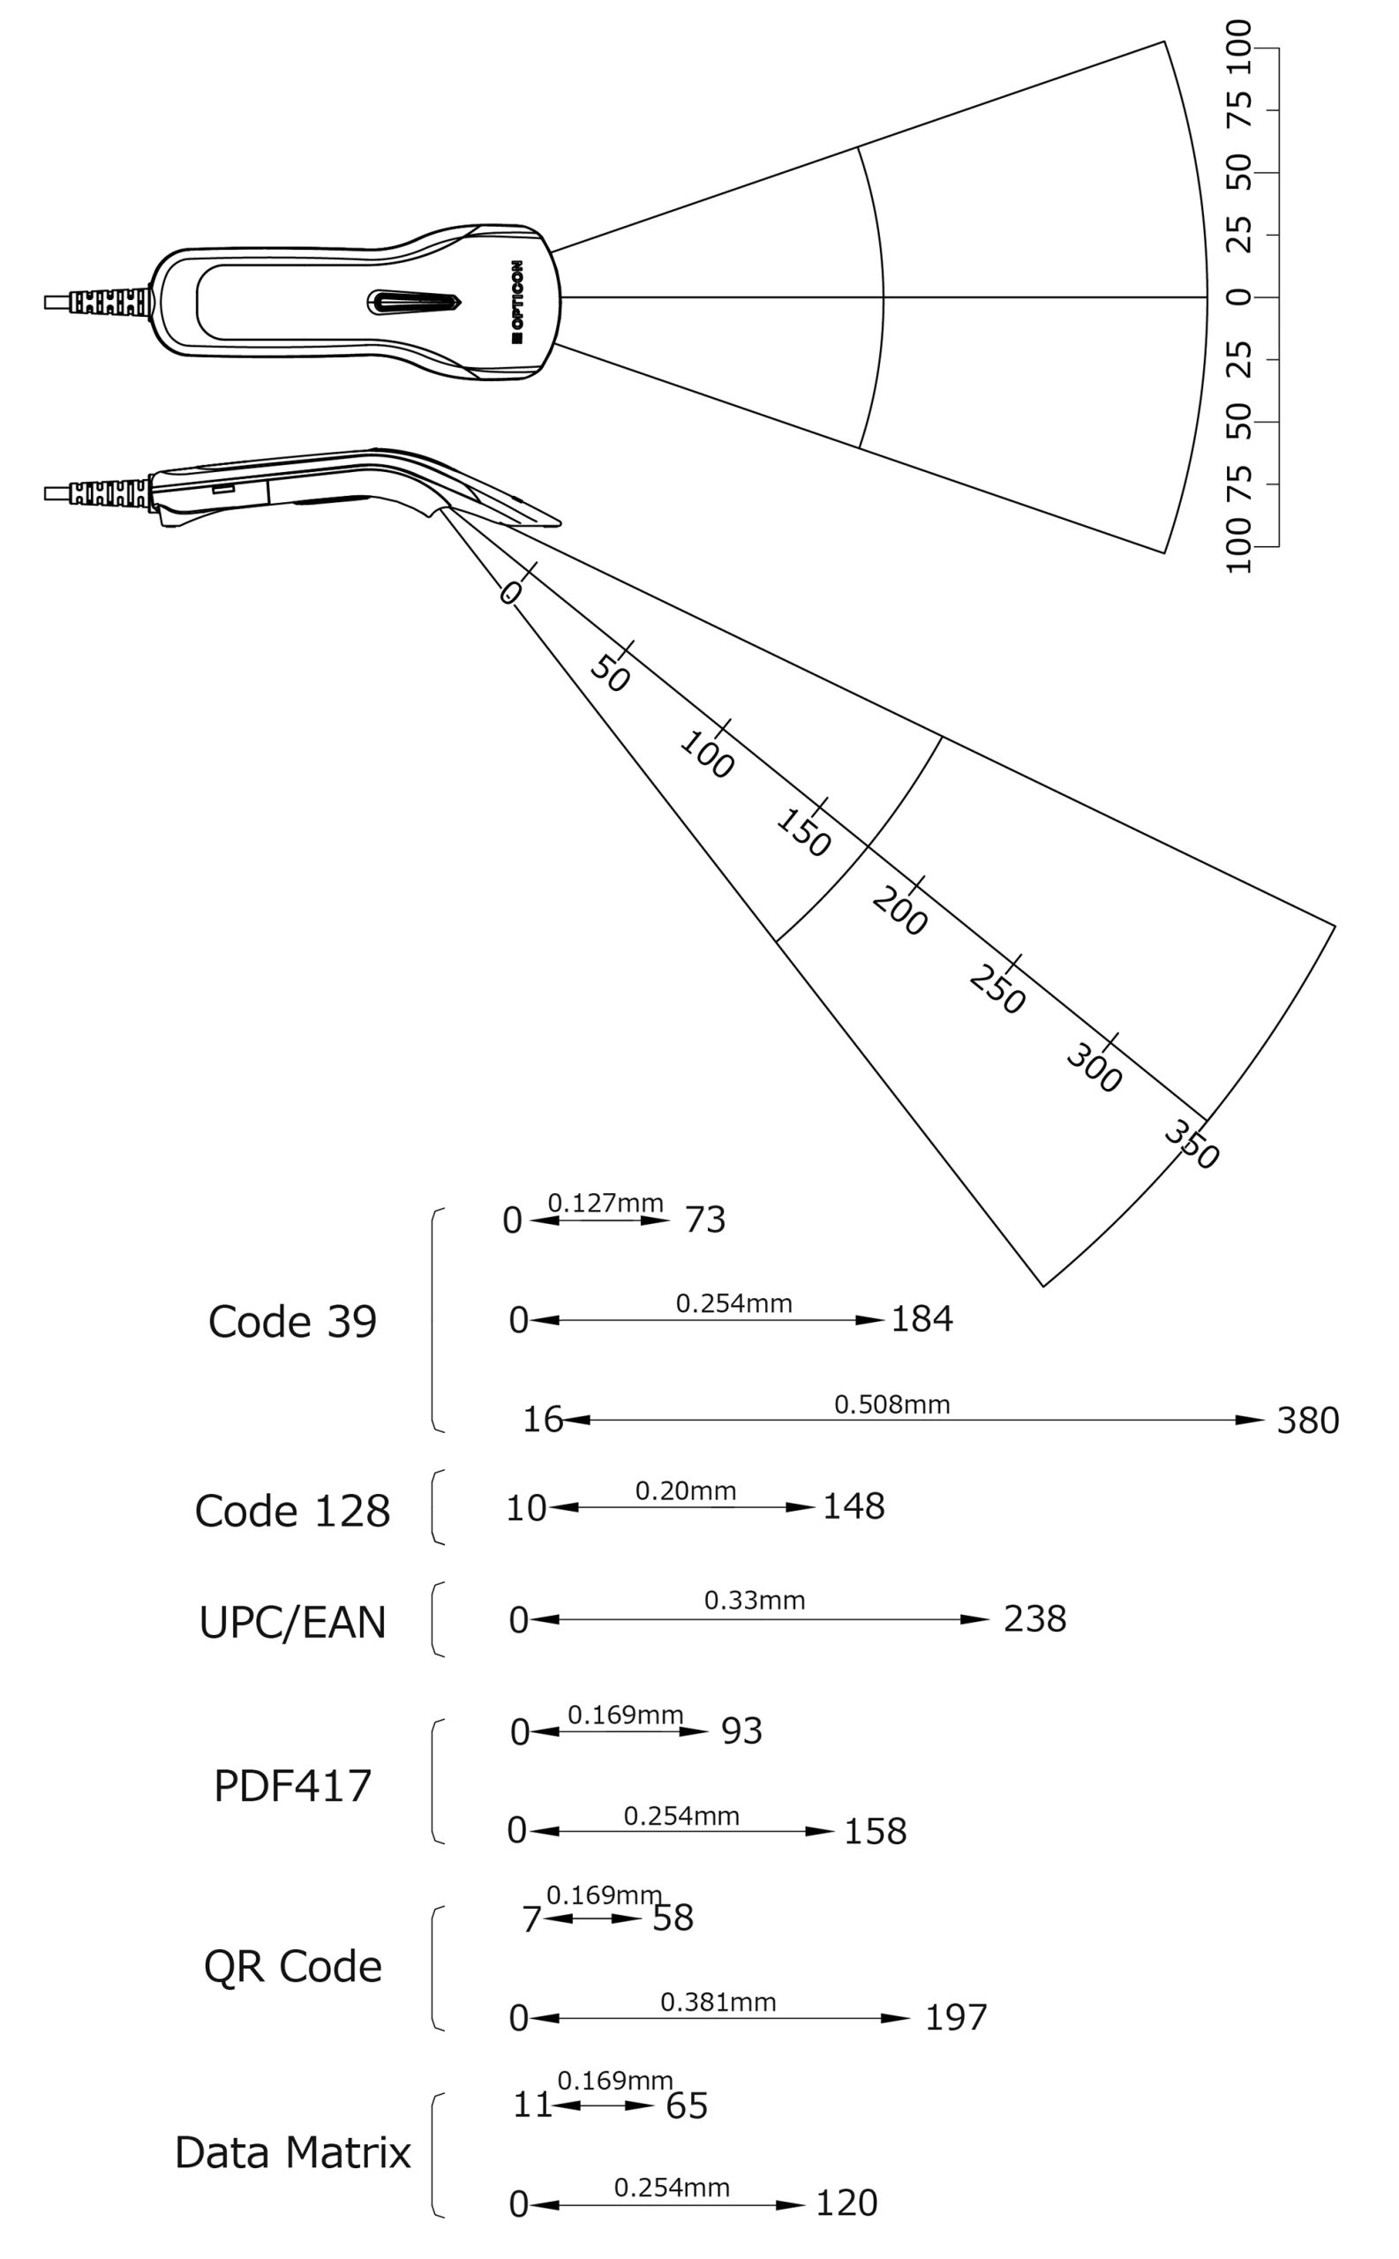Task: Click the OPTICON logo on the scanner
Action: (516, 302)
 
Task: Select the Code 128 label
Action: (292, 1511)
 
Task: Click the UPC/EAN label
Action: (292, 1623)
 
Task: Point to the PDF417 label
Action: (292, 1785)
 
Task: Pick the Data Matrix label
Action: (292, 2152)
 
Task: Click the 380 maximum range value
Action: (1307, 1421)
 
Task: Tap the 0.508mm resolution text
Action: (892, 1404)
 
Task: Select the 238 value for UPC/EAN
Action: (1034, 1619)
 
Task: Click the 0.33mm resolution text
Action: (754, 1601)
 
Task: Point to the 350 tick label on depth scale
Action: (1192, 1145)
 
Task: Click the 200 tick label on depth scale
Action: (899, 912)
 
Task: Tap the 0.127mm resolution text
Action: (605, 1203)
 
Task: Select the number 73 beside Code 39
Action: (705, 1220)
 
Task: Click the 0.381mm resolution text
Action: (718, 2002)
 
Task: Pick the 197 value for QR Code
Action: (956, 2017)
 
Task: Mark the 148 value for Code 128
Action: (854, 1507)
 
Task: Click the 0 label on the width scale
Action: (1238, 297)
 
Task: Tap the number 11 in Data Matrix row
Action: (532, 2105)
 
